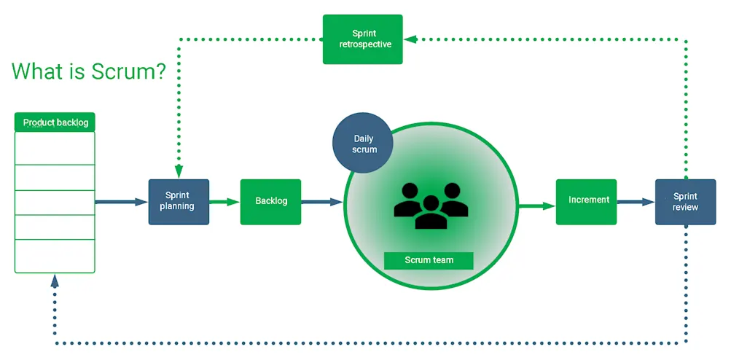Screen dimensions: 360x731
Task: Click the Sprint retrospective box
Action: (x=363, y=39)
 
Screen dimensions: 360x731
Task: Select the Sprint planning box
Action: (x=179, y=201)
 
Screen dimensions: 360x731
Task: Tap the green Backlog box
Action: (x=270, y=201)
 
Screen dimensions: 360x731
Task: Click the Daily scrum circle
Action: (x=363, y=144)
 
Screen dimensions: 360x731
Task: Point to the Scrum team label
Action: (x=429, y=260)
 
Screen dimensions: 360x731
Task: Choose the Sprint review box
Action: (x=685, y=202)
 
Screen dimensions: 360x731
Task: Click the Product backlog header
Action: (x=55, y=122)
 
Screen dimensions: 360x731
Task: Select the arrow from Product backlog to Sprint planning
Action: (x=121, y=202)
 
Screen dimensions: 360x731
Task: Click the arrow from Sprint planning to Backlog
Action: (x=224, y=202)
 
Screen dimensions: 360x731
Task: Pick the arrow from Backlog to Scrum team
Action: (x=321, y=202)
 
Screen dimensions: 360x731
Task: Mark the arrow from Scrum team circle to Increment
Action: (x=536, y=206)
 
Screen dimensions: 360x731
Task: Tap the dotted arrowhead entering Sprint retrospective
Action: (x=410, y=39)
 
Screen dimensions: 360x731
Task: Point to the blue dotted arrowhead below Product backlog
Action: (x=55, y=281)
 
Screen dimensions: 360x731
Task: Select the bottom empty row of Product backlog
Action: (x=55, y=256)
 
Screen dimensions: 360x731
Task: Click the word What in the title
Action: (x=38, y=71)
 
